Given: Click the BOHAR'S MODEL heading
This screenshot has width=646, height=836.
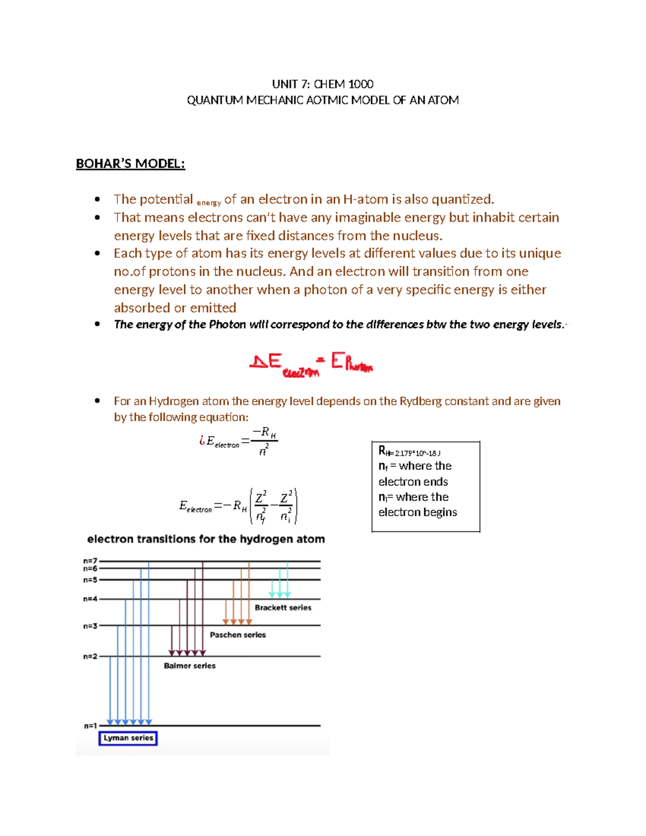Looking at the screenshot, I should (x=130, y=164).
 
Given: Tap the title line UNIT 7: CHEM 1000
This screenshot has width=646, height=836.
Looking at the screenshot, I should (x=322, y=84).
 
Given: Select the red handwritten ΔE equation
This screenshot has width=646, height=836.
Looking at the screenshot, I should (x=311, y=364).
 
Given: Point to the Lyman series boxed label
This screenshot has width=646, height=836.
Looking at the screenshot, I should (x=128, y=738).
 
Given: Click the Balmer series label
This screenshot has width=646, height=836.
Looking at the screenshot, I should (x=189, y=666).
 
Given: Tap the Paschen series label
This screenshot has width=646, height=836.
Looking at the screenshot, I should (x=237, y=635).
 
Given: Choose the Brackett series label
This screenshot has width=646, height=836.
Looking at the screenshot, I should (x=283, y=608).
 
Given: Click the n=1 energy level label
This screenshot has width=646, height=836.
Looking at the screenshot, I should (x=90, y=726).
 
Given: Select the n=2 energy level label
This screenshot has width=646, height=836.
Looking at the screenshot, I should (x=90, y=657).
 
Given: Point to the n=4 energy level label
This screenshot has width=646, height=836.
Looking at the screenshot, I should (x=90, y=599).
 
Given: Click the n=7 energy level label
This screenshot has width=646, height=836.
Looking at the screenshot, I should (x=90, y=561).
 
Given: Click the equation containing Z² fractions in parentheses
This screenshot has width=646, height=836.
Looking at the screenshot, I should (x=238, y=506).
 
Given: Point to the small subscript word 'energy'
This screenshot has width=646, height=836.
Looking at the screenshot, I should (x=208, y=203).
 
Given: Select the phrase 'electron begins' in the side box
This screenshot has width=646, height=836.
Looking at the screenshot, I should (x=417, y=512).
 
